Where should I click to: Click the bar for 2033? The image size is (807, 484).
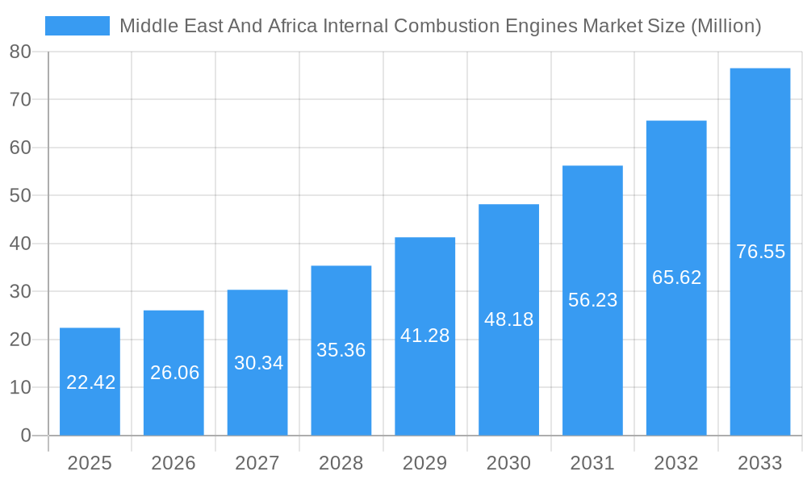tap(760, 252)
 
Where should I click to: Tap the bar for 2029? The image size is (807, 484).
tap(424, 336)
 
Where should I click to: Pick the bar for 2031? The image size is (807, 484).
tap(592, 300)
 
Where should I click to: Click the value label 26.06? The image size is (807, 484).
tap(174, 373)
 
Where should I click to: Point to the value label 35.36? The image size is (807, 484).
tap(341, 350)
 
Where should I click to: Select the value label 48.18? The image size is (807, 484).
tap(508, 319)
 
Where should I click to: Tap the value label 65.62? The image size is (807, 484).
tap(676, 277)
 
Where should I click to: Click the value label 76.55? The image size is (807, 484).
tap(760, 252)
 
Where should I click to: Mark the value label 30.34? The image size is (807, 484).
tap(258, 363)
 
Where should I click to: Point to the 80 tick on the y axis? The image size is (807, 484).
tap(20, 52)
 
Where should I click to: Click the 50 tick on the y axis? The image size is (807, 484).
tap(20, 195)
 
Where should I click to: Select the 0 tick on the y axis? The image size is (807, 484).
tap(25, 436)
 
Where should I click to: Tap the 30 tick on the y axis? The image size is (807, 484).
tap(20, 291)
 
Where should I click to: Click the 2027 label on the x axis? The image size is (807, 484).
tap(257, 463)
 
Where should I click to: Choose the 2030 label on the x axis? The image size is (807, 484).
tap(508, 463)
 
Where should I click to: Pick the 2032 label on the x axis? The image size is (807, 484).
tap(676, 463)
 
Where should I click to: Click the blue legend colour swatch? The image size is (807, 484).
tap(77, 26)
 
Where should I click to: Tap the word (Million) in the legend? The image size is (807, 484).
tap(725, 26)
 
